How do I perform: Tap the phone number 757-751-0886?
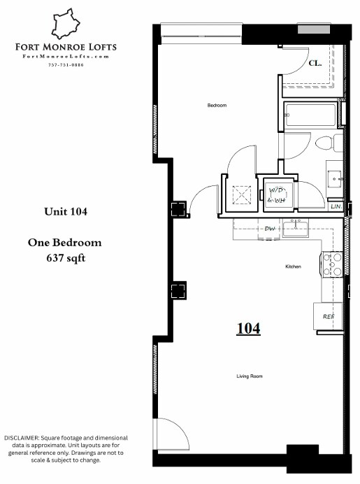click(66, 64)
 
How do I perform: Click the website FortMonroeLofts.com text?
click(66, 56)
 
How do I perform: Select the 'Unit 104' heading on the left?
click(65, 211)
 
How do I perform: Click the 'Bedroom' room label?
click(217, 106)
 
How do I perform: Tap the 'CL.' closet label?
click(315, 63)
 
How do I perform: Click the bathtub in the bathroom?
click(310, 115)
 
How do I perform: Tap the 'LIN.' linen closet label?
click(336, 207)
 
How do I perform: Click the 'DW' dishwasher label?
click(270, 229)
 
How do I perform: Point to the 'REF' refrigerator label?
click(328, 316)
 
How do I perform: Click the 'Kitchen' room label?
click(293, 267)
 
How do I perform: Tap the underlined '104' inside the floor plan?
click(248, 328)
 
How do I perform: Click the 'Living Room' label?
click(249, 376)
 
